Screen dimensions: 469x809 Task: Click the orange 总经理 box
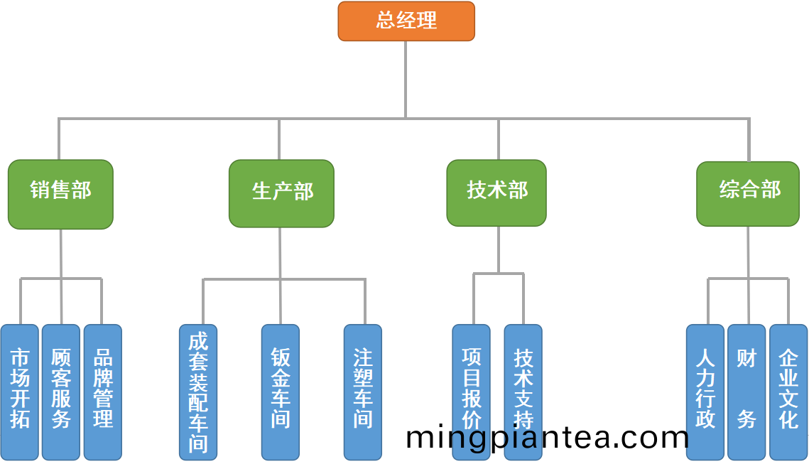[x=406, y=21]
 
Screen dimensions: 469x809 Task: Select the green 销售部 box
[x=60, y=194]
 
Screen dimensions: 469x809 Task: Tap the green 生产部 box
[x=281, y=193]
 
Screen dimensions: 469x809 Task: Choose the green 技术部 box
[x=496, y=193]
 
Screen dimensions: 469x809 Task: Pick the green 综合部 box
[x=748, y=194]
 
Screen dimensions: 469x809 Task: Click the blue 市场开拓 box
[x=20, y=392]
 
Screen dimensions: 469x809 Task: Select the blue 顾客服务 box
[x=61, y=392]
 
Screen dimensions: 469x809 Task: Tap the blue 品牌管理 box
[x=103, y=392]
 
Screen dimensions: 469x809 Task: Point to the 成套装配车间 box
[x=198, y=392]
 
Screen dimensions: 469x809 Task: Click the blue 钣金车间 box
[x=281, y=392]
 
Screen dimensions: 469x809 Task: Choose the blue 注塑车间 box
[x=363, y=392]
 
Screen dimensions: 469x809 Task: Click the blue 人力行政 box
[x=705, y=392]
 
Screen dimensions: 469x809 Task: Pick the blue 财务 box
[x=746, y=392]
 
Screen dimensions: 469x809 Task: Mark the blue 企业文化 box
[x=788, y=392]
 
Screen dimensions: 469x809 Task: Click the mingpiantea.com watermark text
[x=547, y=437]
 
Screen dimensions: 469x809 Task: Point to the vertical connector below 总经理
[x=406, y=78]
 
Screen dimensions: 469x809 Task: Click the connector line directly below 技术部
[x=499, y=249]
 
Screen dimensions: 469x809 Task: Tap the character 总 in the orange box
[x=386, y=21]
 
